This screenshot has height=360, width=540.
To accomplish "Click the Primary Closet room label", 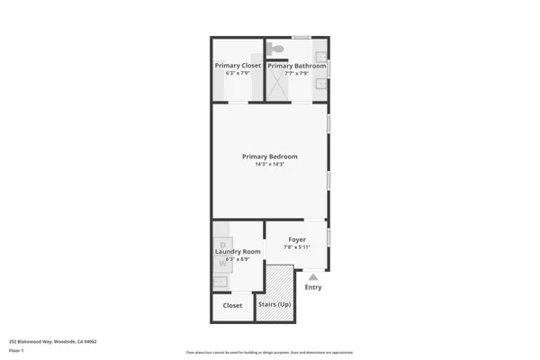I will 238,66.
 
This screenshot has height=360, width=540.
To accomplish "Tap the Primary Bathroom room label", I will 296,66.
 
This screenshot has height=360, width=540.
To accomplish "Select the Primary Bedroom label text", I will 269,157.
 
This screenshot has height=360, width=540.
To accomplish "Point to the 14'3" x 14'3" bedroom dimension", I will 269,165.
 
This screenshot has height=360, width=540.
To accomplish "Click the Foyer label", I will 297,239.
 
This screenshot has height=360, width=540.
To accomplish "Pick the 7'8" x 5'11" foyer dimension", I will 297,247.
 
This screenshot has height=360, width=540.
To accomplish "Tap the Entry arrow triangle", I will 312,277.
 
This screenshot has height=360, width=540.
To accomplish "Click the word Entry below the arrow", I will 312,288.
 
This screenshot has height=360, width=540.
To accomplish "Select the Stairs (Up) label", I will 274,305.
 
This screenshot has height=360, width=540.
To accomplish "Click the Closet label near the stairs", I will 232,305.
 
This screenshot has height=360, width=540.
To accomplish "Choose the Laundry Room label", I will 238,252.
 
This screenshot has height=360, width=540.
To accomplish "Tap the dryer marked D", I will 221,244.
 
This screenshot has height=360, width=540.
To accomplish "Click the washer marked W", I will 221,264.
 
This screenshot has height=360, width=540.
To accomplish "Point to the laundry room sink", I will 220,283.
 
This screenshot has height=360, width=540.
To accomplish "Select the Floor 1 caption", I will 15,349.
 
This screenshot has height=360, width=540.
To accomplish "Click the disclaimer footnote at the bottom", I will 269,352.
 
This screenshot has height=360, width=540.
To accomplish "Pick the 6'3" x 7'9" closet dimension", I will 238,73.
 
